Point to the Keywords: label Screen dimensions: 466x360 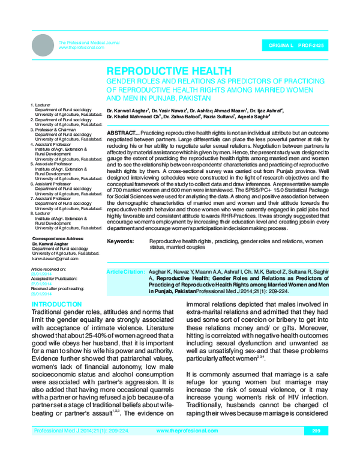point(120,241)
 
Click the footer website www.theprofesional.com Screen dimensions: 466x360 point(185,447)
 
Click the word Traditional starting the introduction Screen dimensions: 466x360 point(50,313)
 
